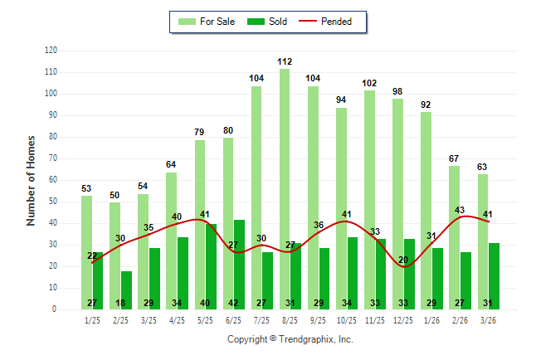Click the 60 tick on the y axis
click(x=54, y=180)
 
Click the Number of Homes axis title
click(x=31, y=180)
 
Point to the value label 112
click(x=285, y=61)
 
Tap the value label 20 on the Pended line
click(x=403, y=260)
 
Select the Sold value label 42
click(x=234, y=303)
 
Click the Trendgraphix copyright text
click(x=290, y=339)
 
